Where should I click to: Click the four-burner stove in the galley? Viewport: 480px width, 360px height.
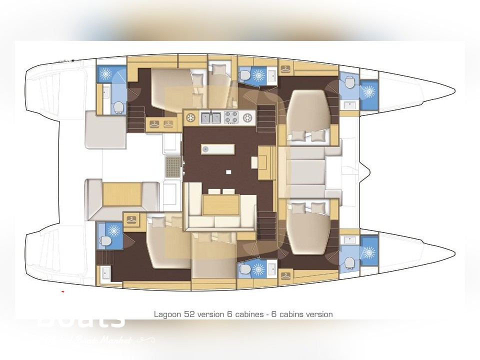pyautogui.click(x=230, y=118)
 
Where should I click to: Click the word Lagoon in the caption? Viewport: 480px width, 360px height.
pyautogui.click(x=165, y=314)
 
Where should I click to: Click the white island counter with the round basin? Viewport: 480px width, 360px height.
pyautogui.click(x=218, y=149)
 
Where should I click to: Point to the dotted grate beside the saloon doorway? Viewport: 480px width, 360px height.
pyautogui.click(x=172, y=163)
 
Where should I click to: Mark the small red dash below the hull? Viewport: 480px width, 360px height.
pyautogui.click(x=62, y=290)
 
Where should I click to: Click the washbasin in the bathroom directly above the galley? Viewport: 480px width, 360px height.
pyautogui.click(x=272, y=76)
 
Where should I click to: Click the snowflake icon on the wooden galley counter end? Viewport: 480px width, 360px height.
pyautogui.click(x=190, y=118)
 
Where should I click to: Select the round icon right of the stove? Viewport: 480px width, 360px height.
pyautogui.click(x=247, y=118)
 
